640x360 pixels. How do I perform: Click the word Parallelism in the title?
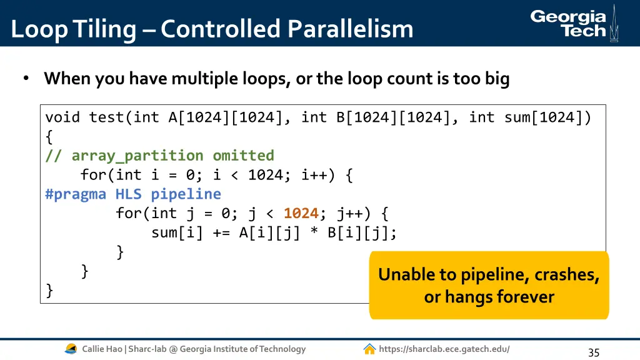(350, 29)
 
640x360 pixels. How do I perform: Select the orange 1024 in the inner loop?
(301, 213)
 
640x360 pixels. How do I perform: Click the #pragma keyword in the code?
(75, 194)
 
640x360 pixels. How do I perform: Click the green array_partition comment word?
(137, 156)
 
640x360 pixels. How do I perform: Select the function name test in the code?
(106, 117)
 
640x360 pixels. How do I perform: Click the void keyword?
(62, 117)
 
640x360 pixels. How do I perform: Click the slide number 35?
(594, 352)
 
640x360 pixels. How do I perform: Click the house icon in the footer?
(369, 349)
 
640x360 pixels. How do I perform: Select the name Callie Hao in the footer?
(102, 349)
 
